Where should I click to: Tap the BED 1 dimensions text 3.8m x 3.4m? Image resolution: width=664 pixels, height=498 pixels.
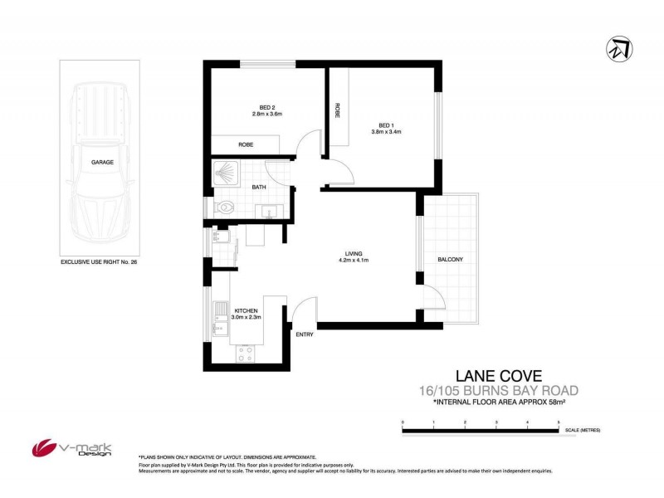pyautogui.click(x=385, y=131)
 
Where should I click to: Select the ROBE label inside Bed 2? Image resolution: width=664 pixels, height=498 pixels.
pyautogui.click(x=246, y=145)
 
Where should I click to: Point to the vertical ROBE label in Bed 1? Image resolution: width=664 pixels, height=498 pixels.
pyautogui.click(x=337, y=110)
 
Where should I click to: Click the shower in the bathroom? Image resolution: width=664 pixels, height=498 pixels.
pyautogui.click(x=225, y=173)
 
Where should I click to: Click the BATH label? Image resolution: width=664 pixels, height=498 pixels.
pyautogui.click(x=259, y=188)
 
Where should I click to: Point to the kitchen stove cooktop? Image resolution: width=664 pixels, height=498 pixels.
pyautogui.click(x=247, y=351)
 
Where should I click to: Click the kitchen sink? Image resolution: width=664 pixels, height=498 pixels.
pyautogui.click(x=220, y=313)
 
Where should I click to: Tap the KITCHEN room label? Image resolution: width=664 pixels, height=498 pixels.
pyautogui.click(x=247, y=310)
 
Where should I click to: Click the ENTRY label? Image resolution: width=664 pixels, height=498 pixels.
pyautogui.click(x=304, y=334)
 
